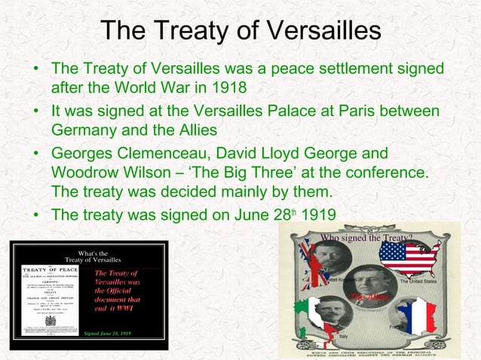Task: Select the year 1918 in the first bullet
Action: point(227,88)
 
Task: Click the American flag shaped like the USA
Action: point(409,260)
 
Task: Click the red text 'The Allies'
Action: point(369,298)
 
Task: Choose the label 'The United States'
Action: point(418,282)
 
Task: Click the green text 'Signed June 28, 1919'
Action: point(107,332)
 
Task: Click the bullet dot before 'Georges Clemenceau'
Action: point(35,154)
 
